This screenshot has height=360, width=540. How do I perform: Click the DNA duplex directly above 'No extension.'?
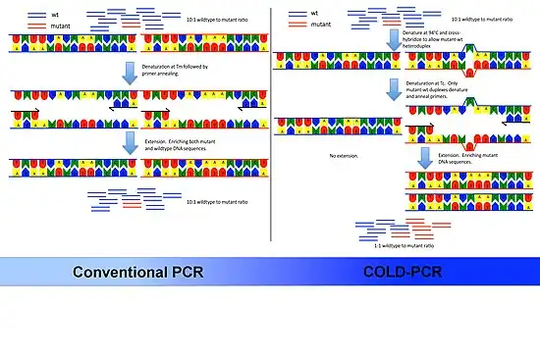tap(338, 126)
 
